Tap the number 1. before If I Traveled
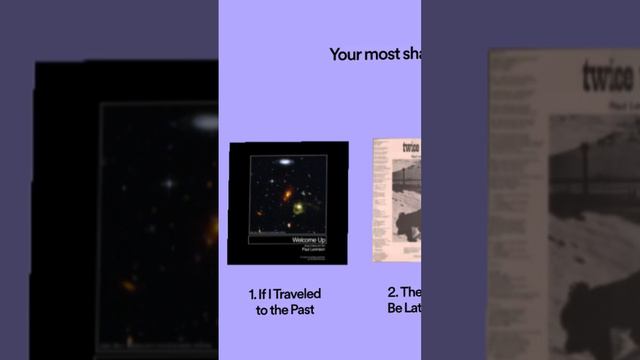tap(253, 294)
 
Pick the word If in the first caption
tap(265, 294)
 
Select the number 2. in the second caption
tap(393, 293)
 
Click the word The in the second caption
tap(412, 293)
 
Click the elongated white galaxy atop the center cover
tap(283, 161)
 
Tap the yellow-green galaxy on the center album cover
tap(297, 209)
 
